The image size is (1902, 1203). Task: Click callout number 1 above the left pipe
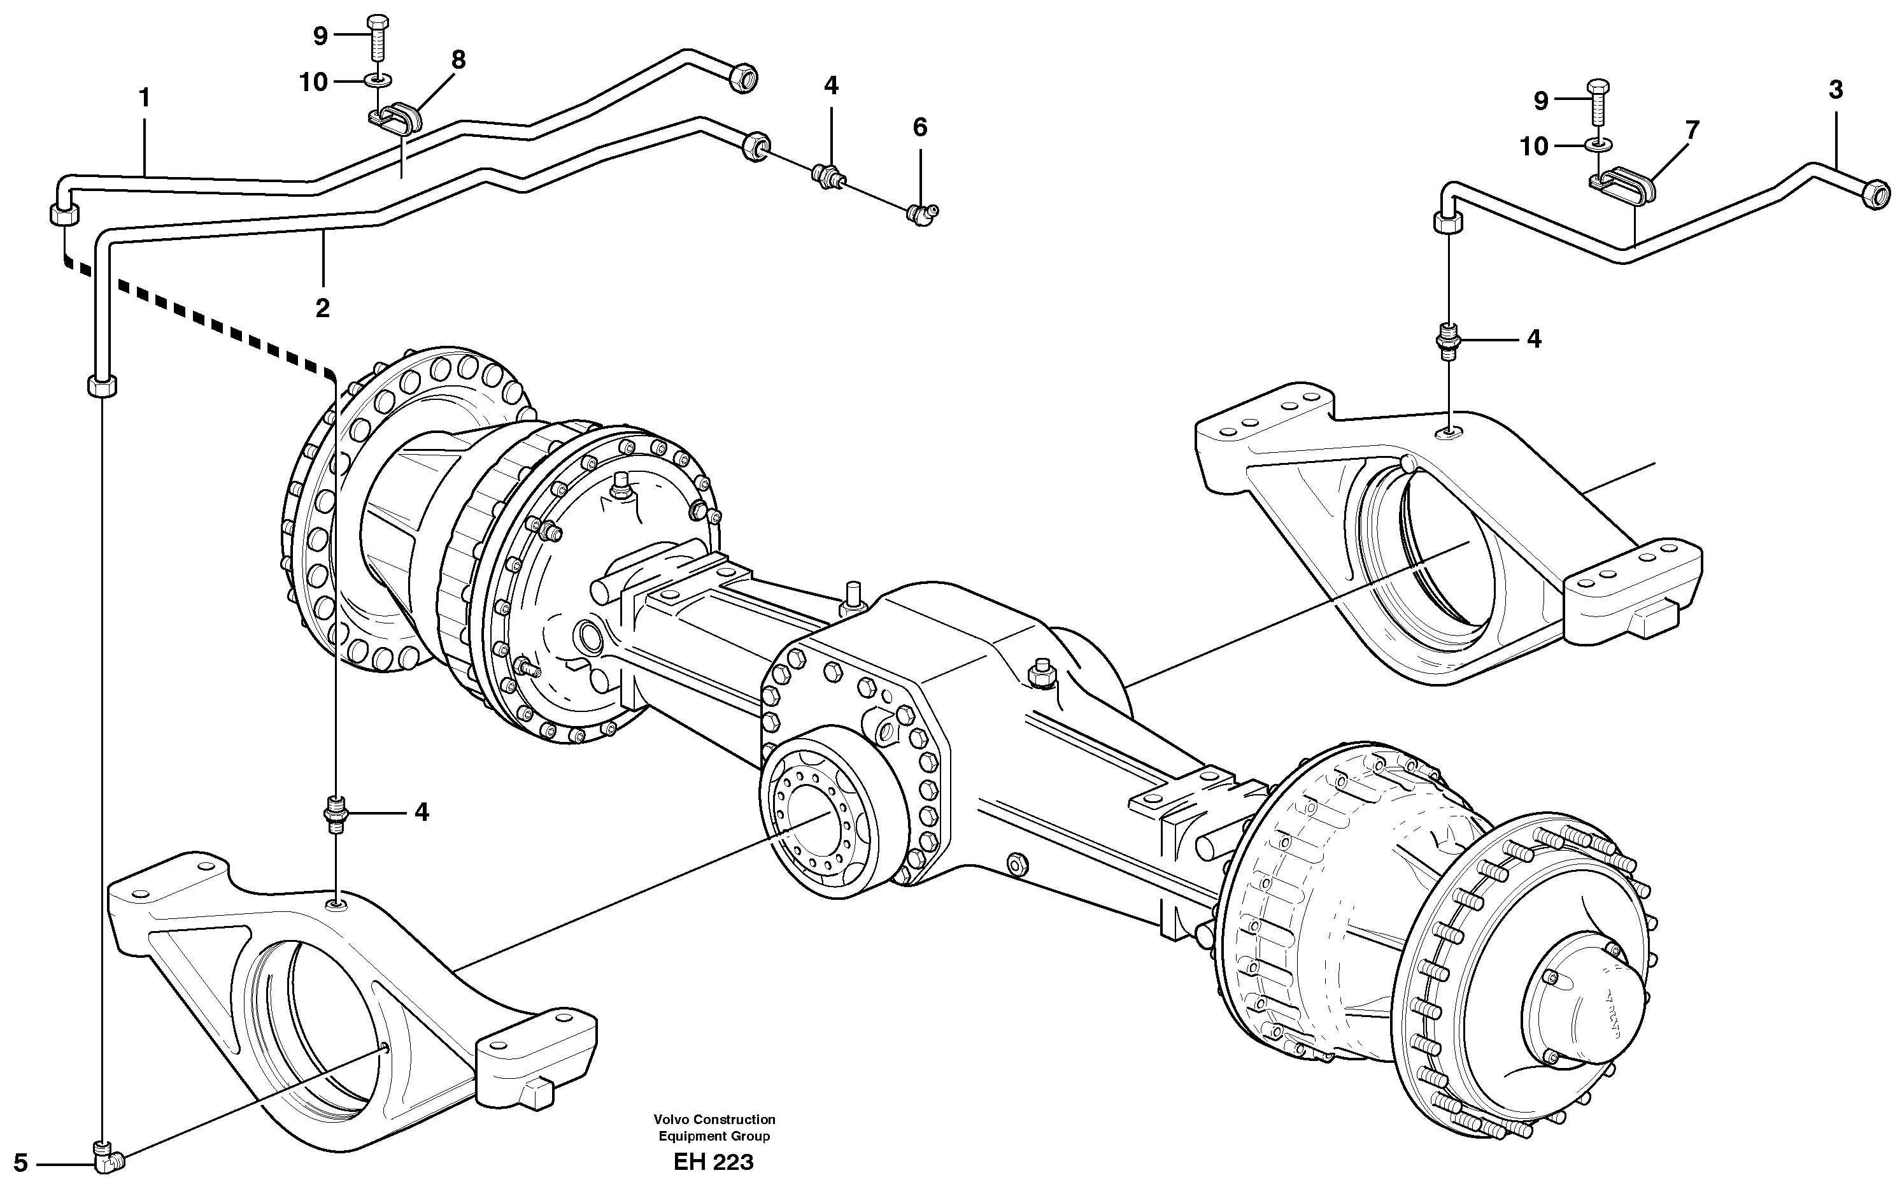point(144,98)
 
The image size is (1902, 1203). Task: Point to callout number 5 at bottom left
point(20,1163)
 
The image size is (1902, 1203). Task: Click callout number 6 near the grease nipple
point(920,127)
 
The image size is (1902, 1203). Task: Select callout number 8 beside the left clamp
point(458,60)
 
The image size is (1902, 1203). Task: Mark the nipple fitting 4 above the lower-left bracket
point(336,814)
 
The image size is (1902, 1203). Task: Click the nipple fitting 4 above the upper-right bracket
point(1448,341)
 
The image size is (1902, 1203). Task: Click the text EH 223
point(713,1162)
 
